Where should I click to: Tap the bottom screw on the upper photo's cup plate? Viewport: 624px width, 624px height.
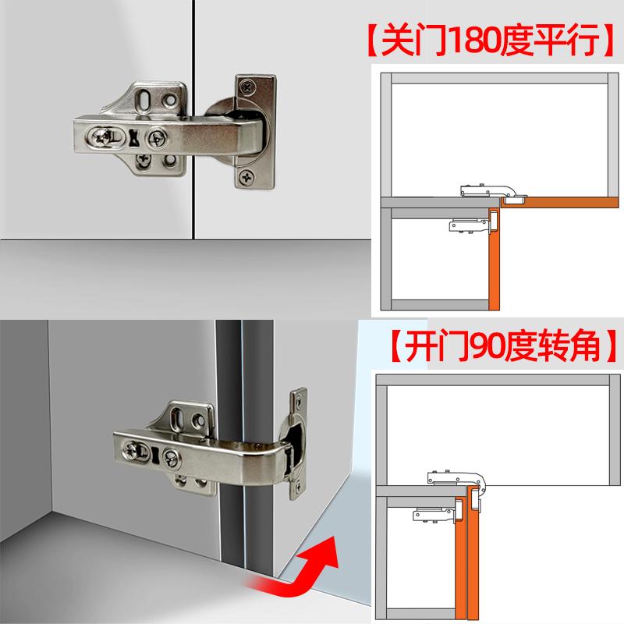(247, 178)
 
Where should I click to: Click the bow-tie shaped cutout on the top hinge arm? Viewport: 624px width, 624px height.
(134, 139)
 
